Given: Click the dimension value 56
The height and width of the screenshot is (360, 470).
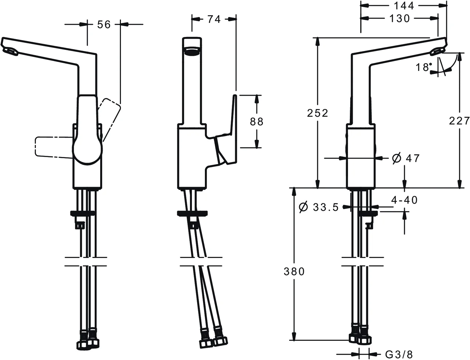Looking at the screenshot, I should pyautogui.click(x=104, y=24).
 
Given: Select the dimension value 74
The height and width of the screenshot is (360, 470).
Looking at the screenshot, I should pyautogui.click(x=214, y=19).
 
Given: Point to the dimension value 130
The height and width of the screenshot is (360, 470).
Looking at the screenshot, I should pyautogui.click(x=399, y=18).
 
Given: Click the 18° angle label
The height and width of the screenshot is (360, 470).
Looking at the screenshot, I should pyautogui.click(x=423, y=67).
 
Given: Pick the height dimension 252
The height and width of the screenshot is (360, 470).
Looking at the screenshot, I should pyautogui.click(x=318, y=113).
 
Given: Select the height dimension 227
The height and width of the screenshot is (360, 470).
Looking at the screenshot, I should pyautogui.click(x=459, y=120).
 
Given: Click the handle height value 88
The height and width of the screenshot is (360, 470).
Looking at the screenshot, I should pyautogui.click(x=257, y=121).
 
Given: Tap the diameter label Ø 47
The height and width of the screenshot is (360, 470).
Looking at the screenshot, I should pyautogui.click(x=406, y=158).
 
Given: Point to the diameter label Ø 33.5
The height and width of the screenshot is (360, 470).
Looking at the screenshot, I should pyautogui.click(x=318, y=207).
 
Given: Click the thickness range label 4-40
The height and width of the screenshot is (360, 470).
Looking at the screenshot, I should pyautogui.click(x=405, y=200).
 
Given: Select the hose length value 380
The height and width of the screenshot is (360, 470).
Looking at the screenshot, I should pyautogui.click(x=294, y=271).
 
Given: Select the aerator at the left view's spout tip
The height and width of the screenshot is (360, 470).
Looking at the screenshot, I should pyautogui.click(x=10, y=52).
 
